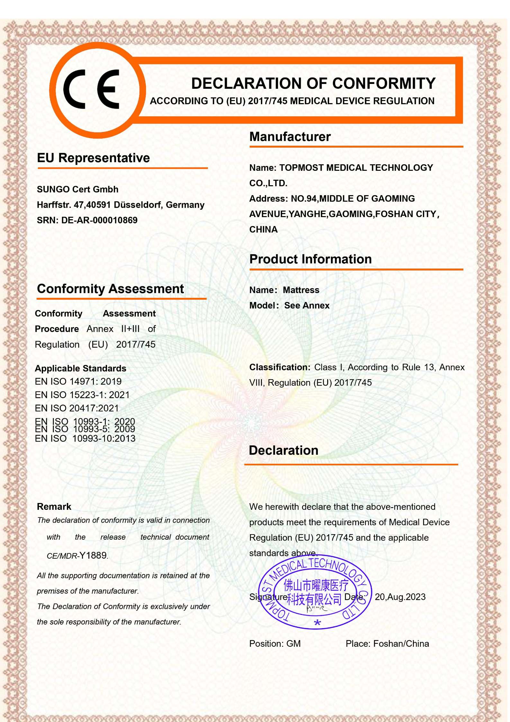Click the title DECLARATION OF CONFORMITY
313,84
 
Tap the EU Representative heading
93,158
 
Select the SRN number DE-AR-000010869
99,220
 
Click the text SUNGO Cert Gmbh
77,189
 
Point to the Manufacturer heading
290,137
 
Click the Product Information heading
310,259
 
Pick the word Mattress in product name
301,290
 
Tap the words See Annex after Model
307,306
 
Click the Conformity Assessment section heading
110,289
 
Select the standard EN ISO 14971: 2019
78,382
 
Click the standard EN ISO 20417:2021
77,408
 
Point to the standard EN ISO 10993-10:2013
85,439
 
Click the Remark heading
54,507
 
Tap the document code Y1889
93,555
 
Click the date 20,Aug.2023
400,597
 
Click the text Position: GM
275,644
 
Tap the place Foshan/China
401,644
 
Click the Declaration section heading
283,451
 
